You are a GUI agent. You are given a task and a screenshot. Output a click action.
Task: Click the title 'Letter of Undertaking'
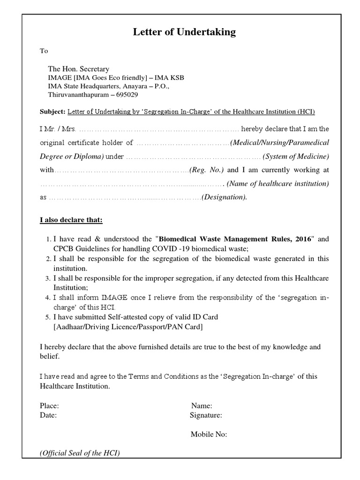[x=184, y=32]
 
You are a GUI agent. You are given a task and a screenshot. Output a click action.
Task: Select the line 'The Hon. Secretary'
[x=79, y=69]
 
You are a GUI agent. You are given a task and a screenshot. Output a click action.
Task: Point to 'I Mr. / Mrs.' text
[x=57, y=129]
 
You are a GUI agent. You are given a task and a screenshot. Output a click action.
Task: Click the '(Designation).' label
[x=224, y=197]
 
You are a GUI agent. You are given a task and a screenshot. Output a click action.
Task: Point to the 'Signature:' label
[x=206, y=415]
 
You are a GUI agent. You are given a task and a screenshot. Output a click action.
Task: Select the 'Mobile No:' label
[x=209, y=434]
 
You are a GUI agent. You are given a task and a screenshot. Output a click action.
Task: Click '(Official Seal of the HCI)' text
[x=80, y=453]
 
